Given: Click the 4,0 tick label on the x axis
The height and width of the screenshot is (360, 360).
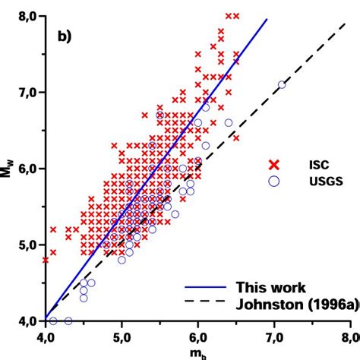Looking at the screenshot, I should pos(45,336).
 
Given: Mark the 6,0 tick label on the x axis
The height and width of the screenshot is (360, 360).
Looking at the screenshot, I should pos(197,336).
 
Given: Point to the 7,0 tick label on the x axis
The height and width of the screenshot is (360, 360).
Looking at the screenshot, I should pos(274,336).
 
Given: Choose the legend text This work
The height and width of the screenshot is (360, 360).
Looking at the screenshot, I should pos(270,288).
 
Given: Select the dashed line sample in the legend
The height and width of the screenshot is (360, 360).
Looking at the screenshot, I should pos(205,303).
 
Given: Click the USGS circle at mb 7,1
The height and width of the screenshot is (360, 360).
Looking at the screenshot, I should pos(282,84).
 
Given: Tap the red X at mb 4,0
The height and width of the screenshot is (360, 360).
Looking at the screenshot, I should pos(46,260).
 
